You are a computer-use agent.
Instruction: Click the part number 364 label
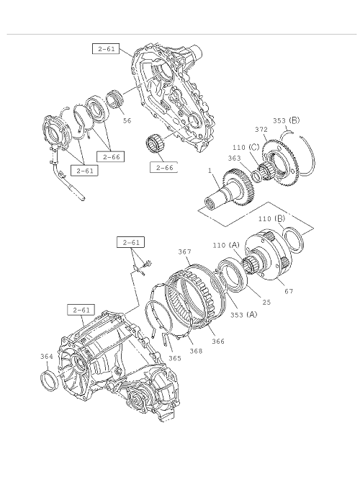click(x=47, y=357)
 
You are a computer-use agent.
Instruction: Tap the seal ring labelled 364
click(x=50, y=379)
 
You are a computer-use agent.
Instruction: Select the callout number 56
click(x=127, y=120)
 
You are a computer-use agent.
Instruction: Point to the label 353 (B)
click(x=286, y=120)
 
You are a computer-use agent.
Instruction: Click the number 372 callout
click(x=261, y=130)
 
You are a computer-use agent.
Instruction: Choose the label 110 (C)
click(x=246, y=147)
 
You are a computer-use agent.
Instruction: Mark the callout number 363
click(x=234, y=158)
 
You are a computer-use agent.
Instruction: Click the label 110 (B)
click(x=271, y=219)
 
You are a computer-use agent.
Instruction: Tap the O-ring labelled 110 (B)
click(x=293, y=240)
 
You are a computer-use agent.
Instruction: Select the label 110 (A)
click(x=226, y=245)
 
